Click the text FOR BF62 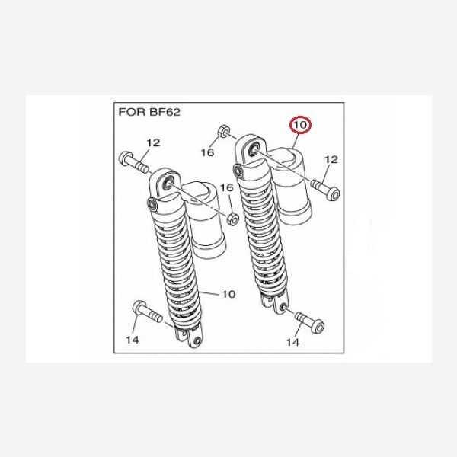coord(149,112)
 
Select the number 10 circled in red coord(300,125)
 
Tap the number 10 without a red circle coord(228,294)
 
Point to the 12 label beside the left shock coord(153,143)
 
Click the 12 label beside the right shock coord(331,159)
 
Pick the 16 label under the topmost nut coord(207,152)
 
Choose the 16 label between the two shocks coord(226,188)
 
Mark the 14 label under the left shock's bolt coord(133,340)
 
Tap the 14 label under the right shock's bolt coord(292,342)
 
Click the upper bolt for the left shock coord(134,163)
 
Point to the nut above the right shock coord(224,130)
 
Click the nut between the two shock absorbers coord(232,219)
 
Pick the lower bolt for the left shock coord(147,312)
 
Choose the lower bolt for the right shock coord(310,322)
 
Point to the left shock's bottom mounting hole coord(198,340)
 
